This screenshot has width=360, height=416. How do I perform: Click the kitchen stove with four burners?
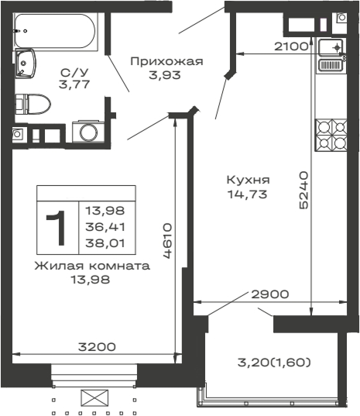(x=330, y=137)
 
